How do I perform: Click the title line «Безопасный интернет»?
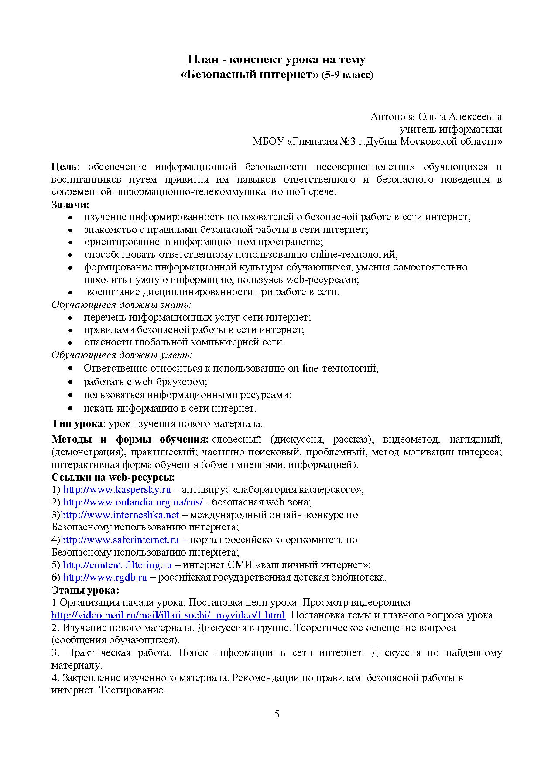pos(250,75)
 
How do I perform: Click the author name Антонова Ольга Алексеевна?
pos(436,116)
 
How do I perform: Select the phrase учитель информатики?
pos(451,129)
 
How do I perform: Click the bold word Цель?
pos(64,167)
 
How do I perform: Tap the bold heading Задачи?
pos(70,205)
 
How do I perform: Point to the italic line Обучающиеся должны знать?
pos(122,305)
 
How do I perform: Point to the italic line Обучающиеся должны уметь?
pos(122,355)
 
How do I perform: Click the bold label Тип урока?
pos(77,423)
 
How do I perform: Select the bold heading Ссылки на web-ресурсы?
pos(113,477)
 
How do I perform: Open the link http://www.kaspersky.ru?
pos(117,489)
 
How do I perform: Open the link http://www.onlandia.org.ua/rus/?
pos(133,502)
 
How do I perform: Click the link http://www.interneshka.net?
pos(120,515)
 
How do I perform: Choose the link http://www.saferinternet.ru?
pos(120,540)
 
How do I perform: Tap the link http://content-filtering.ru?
pos(117,565)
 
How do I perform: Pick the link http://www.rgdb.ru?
pos(105,577)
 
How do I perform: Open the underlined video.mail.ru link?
pos(168,615)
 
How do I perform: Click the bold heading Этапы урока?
pos(85,591)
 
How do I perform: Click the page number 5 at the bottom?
pos(277,714)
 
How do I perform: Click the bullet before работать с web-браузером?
pos(71,382)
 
